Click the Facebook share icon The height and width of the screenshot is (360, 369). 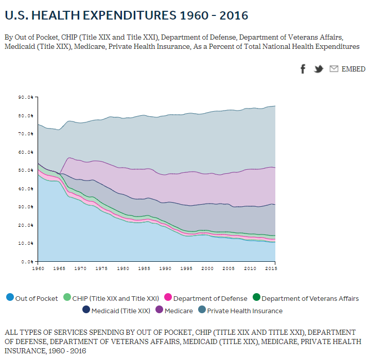click(303, 69)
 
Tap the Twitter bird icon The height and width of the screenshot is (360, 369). click(319, 69)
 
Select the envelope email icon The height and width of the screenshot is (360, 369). click(334, 69)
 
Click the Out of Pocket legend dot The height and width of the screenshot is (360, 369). click(10, 298)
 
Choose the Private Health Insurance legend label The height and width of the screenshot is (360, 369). click(244, 311)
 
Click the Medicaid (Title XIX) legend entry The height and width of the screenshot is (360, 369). click(120, 311)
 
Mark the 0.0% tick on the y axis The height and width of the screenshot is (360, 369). click(27, 262)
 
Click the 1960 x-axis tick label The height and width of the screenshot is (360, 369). click(38, 268)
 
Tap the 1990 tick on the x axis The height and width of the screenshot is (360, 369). click(165, 268)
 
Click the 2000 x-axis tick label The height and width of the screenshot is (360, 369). click(207, 268)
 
